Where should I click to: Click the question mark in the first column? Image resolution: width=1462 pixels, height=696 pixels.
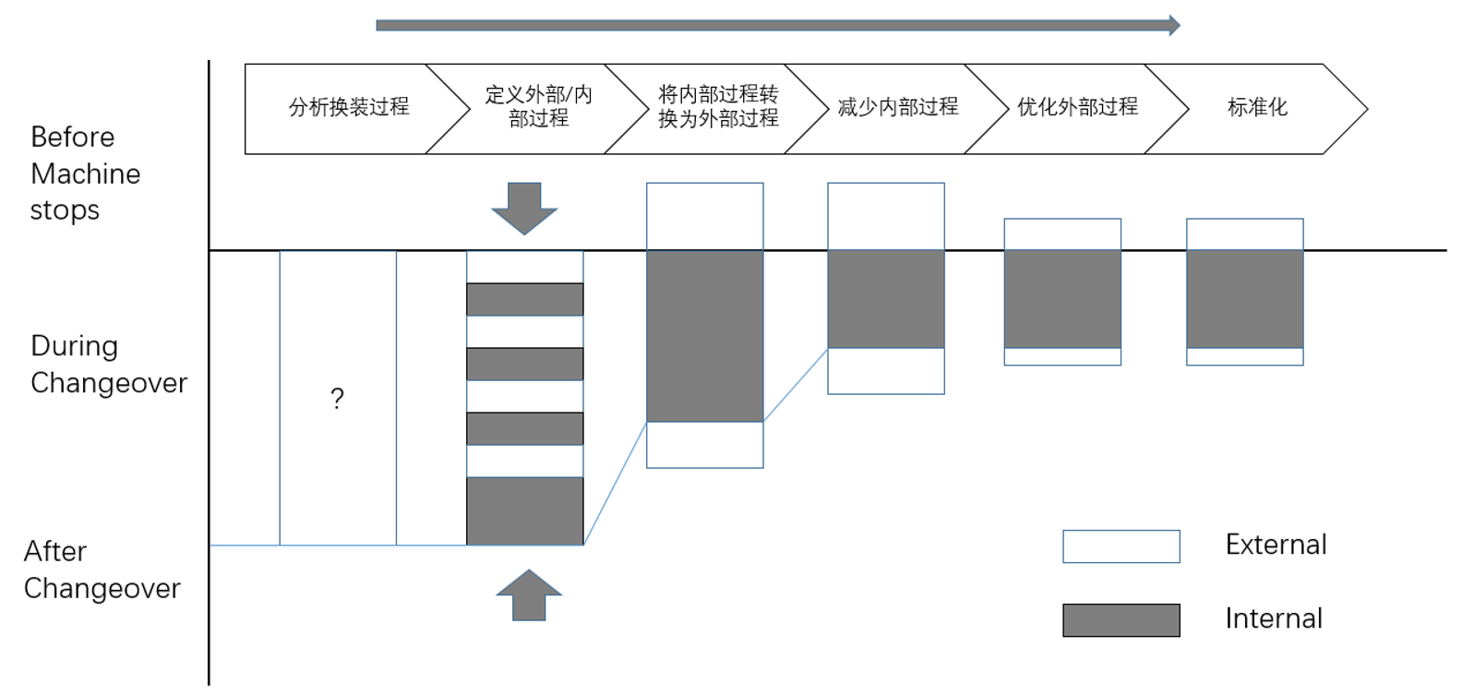click(337, 399)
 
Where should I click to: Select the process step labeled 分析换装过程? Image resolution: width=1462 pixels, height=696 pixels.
click(349, 108)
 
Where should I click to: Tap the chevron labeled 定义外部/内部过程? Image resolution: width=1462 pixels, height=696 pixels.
click(538, 108)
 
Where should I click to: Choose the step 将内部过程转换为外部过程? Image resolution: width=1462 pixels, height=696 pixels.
click(718, 108)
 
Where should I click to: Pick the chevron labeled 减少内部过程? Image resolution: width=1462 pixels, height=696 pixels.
click(897, 108)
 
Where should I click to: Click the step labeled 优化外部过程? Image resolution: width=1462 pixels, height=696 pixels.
click(1077, 108)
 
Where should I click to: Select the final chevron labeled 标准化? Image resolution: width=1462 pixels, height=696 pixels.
click(1257, 108)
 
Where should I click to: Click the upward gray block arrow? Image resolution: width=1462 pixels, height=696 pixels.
click(529, 594)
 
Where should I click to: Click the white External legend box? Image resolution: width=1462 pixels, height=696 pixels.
click(1120, 546)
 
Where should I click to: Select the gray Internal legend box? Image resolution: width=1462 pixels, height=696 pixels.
click(1120, 620)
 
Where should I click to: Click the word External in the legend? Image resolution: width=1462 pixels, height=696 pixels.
click(1276, 545)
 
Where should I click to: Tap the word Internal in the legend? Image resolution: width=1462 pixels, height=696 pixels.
click(1274, 618)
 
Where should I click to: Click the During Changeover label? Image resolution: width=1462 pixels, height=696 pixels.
click(108, 364)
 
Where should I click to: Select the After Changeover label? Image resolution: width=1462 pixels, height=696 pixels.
click(102, 570)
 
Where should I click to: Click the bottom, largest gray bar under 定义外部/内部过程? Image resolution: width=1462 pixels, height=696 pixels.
click(524, 510)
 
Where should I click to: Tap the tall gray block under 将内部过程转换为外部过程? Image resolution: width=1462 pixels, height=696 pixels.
click(704, 336)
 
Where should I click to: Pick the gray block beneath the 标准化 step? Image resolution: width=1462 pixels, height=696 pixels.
click(1244, 299)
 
